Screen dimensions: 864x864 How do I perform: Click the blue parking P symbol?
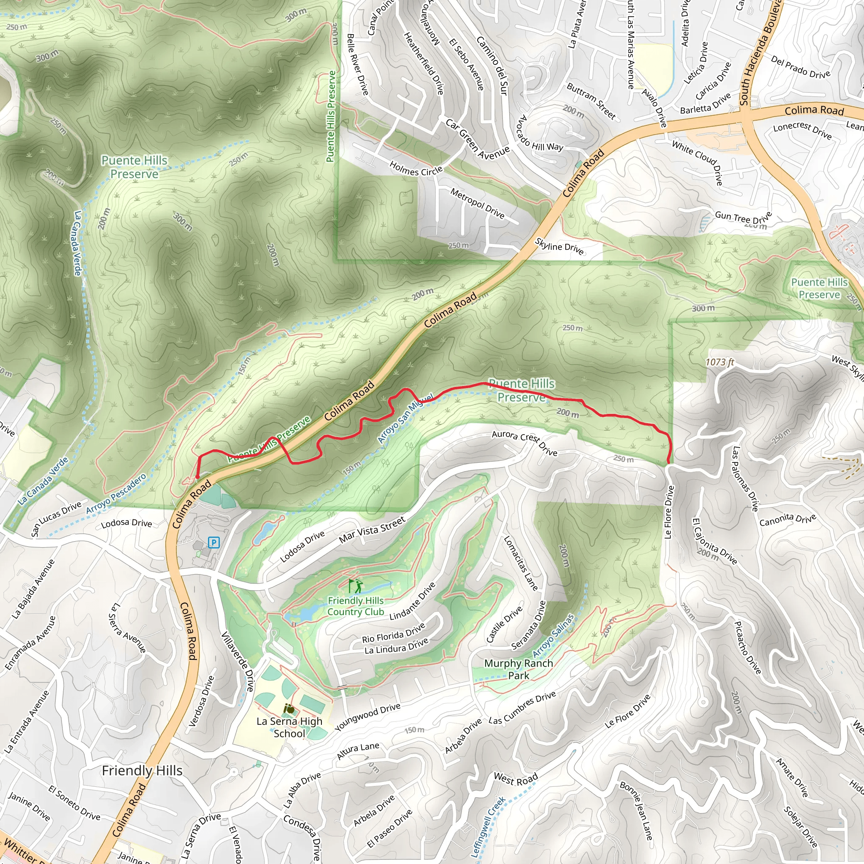pos(214,543)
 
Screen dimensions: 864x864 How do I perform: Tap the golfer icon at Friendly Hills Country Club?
pos(356,586)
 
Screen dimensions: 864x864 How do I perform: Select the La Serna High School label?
pos(289,727)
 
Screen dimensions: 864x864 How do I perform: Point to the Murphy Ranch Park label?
pos(518,669)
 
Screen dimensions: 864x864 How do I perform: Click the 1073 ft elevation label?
pos(720,362)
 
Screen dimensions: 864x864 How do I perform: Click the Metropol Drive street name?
pos(477,203)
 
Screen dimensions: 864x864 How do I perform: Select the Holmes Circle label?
pos(416,169)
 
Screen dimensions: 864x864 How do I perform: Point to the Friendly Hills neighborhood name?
pos(142,770)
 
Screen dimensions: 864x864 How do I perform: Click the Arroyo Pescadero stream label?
pos(116,494)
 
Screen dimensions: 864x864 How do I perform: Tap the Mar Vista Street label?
pos(372,529)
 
